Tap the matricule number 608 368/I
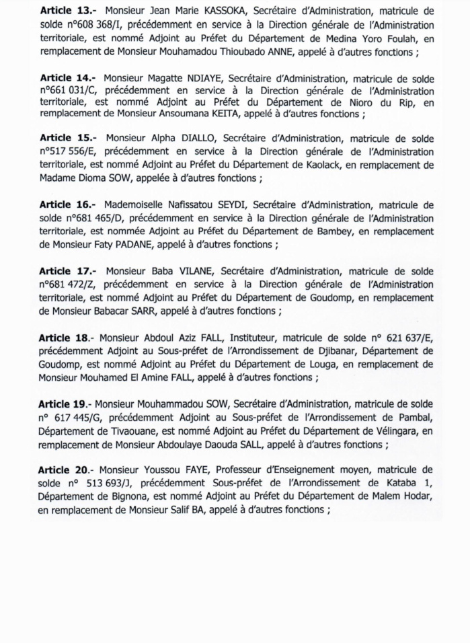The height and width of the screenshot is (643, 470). pyautogui.click(x=93, y=25)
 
